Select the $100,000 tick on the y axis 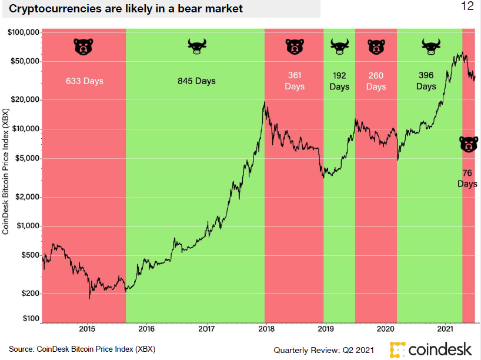click(x=24, y=32)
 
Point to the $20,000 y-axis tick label click(x=25, y=99)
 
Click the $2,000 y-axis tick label click(x=27, y=196)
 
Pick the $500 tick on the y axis click(x=31, y=255)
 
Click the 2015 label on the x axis click(x=87, y=329)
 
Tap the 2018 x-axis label click(x=266, y=329)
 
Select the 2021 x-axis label click(x=445, y=329)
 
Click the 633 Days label click(x=84, y=81)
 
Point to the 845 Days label click(x=196, y=81)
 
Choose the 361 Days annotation click(x=295, y=81)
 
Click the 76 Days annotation click(x=467, y=178)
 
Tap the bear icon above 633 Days click(x=83, y=46)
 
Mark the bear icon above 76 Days click(x=468, y=144)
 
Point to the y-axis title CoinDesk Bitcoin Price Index click(x=6, y=171)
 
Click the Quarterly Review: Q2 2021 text click(x=323, y=349)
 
